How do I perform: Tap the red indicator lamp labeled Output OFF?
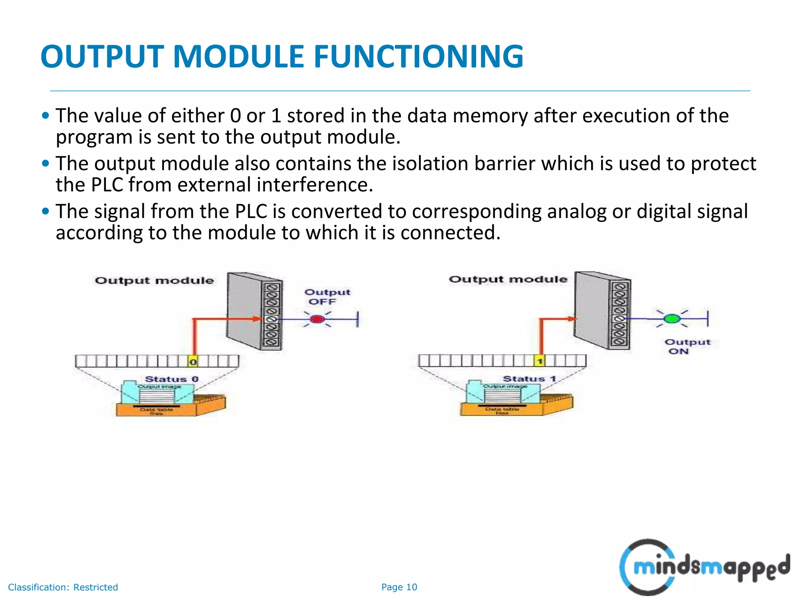317,320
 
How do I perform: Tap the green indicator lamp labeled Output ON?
671,319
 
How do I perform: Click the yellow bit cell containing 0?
193,362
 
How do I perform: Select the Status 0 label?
171,379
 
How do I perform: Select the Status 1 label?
529,379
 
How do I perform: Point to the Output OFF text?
327,297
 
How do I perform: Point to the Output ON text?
687,346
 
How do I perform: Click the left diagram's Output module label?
154,281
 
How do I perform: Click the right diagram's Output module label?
508,280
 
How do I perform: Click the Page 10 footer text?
399,587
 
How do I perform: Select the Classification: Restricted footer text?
63,587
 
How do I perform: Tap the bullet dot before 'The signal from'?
46,211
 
